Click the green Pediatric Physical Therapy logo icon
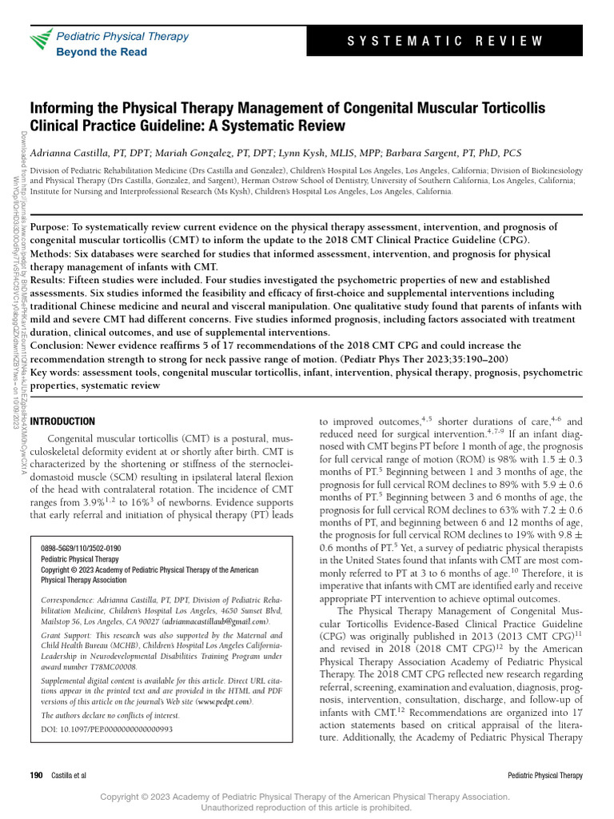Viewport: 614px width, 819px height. click(x=41, y=42)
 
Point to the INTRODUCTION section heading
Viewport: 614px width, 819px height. click(x=62, y=421)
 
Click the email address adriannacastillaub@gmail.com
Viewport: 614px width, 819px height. click(x=216, y=621)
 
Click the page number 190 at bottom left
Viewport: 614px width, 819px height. click(x=36, y=776)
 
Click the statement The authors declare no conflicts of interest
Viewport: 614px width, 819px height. click(x=110, y=715)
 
